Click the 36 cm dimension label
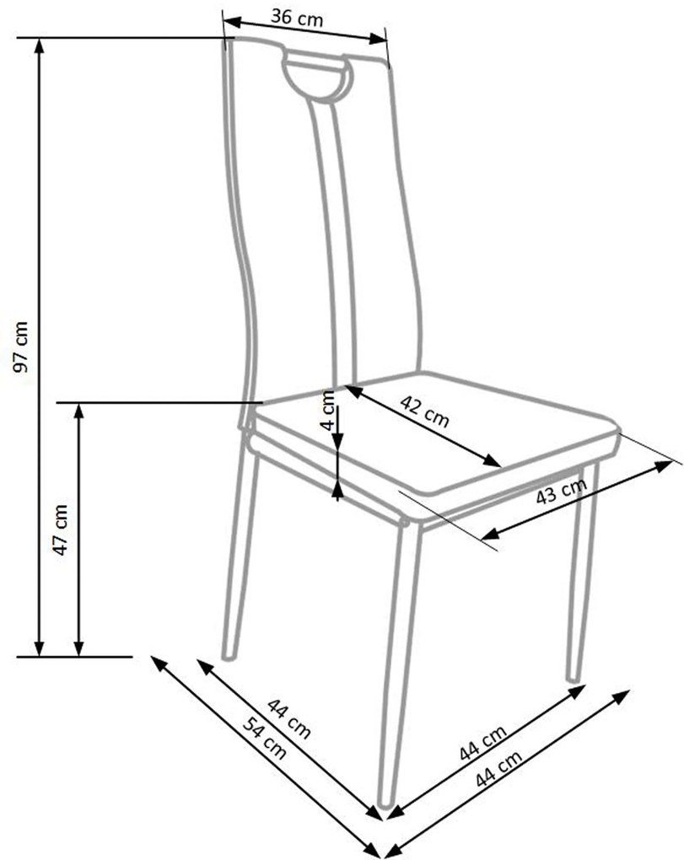[297, 18]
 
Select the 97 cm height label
[21, 347]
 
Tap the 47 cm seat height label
[61, 529]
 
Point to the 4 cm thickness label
[328, 411]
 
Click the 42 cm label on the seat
[424, 411]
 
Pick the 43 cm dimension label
[561, 491]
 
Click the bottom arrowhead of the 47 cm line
[79, 649]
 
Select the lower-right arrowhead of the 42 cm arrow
[493, 460]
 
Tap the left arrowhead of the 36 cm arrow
[231, 23]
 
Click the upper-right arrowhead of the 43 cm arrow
[664, 466]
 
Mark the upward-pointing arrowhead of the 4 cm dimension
[338, 489]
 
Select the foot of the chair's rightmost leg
[574, 678]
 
